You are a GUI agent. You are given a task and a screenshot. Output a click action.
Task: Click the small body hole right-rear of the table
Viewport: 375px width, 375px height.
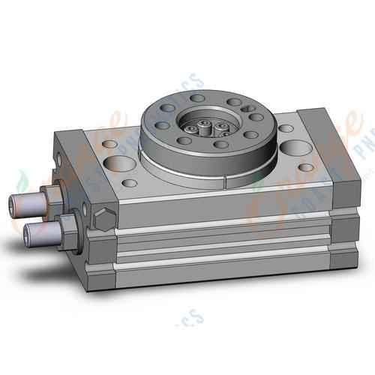[x=286, y=128]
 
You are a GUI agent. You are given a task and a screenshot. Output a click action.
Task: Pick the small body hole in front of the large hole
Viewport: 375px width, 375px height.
[x=130, y=182]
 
